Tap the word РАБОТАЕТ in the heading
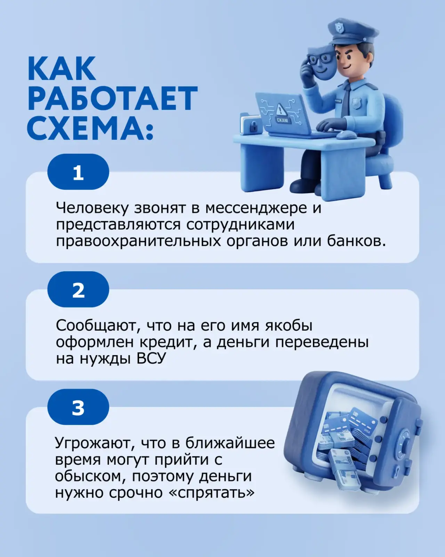(113, 99)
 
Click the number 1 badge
(78, 172)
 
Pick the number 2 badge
(78, 289)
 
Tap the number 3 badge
(78, 407)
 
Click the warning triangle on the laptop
(280, 109)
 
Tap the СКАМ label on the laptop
(282, 120)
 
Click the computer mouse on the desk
(346, 134)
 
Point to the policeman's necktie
(346, 101)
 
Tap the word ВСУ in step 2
(151, 359)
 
